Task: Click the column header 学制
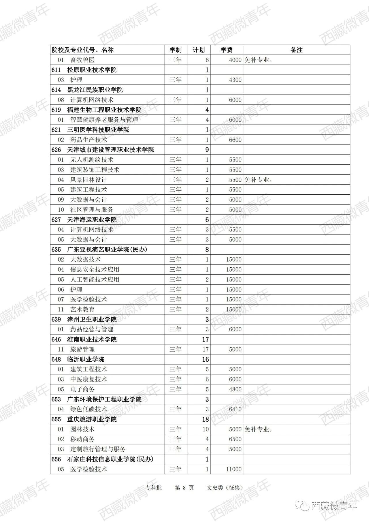175,50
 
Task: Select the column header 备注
296,50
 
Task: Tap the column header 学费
226,50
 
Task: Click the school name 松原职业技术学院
92,70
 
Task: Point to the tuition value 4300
235,80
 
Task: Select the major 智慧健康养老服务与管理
104,120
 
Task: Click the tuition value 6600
235,140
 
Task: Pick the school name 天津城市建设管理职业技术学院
110,150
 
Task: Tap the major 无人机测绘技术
92,160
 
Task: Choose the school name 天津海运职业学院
92,220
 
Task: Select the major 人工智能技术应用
95,279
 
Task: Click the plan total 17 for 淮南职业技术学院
205,339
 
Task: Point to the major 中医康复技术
89,379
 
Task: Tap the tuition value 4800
235,389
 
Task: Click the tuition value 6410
235,409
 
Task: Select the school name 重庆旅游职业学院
92,419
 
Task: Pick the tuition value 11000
234,469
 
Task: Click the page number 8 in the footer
184,488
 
